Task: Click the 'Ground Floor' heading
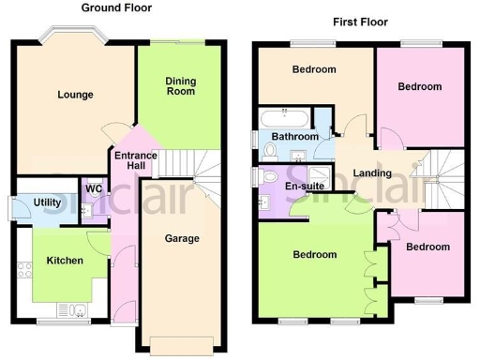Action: (x=117, y=7)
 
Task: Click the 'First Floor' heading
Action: (x=361, y=21)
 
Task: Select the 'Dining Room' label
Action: (x=180, y=86)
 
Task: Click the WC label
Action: (x=94, y=188)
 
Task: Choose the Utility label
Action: (x=47, y=202)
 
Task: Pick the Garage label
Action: (x=182, y=238)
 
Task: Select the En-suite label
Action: (x=305, y=186)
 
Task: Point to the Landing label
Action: (x=371, y=172)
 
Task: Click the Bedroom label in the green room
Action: (x=314, y=254)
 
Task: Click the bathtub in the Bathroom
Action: (x=282, y=116)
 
